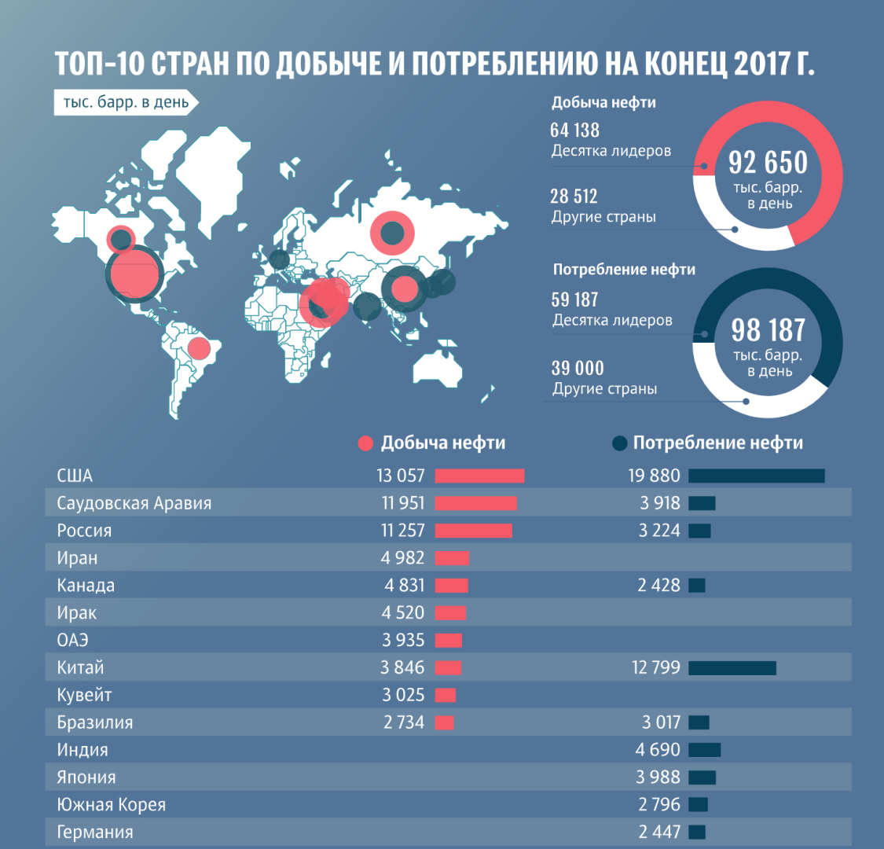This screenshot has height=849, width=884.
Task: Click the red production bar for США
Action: pyautogui.click(x=479, y=476)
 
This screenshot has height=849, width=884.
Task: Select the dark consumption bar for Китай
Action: pyautogui.click(x=732, y=668)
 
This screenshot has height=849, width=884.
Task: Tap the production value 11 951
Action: pyautogui.click(x=402, y=503)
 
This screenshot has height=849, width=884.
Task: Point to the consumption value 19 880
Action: pyautogui.click(x=654, y=476)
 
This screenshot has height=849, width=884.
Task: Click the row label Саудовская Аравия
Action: pyautogui.click(x=134, y=503)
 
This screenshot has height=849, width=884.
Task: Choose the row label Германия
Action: pyautogui.click(x=95, y=832)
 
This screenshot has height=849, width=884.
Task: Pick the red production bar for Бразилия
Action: pyautogui.click(x=444, y=722)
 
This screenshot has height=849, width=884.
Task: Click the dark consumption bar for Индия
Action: pyautogui.click(x=705, y=750)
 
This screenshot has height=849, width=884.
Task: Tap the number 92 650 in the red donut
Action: pyautogui.click(x=768, y=163)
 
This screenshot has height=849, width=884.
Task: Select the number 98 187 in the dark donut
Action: pyautogui.click(x=768, y=330)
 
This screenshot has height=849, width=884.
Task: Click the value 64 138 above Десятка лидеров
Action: pyautogui.click(x=574, y=130)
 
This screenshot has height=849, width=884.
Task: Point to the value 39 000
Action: pyautogui.click(x=578, y=369)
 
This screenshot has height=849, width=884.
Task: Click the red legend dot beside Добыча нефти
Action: pyautogui.click(x=365, y=443)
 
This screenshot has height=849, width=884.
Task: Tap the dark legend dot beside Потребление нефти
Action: pyautogui.click(x=619, y=443)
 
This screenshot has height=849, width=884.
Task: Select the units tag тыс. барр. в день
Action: pyautogui.click(x=126, y=103)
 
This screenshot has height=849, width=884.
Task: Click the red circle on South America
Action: pyautogui.click(x=198, y=347)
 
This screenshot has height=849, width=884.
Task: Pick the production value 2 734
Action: pyautogui.click(x=404, y=722)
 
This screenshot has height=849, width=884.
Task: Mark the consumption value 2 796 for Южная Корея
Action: pyautogui.click(x=659, y=804)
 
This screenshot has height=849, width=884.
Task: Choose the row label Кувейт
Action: pyautogui.click(x=84, y=695)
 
